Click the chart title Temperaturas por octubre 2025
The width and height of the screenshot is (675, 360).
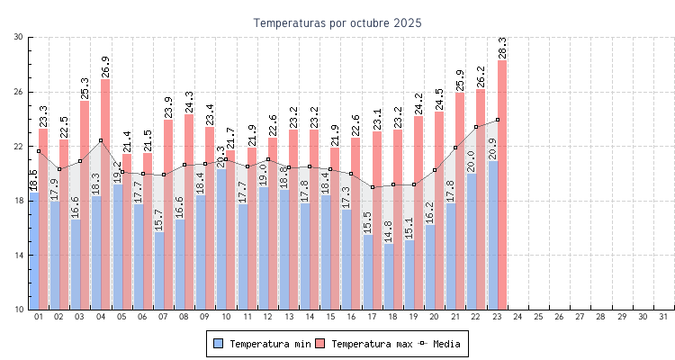(337, 22)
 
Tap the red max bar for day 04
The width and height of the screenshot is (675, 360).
(105, 193)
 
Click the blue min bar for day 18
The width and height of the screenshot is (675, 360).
(388, 279)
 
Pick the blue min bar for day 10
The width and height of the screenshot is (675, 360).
(220, 238)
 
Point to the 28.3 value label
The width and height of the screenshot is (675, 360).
(502, 48)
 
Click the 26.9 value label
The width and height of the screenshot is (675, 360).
(105, 67)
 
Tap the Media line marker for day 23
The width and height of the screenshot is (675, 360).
(497, 120)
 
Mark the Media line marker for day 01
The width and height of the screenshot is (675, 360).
(39, 151)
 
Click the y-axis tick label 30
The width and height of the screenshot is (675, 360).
(19, 37)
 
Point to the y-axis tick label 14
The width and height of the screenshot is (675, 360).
(19, 255)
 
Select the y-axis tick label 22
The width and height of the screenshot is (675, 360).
(19, 146)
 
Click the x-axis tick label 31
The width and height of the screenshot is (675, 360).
(664, 317)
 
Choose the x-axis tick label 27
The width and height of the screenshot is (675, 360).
(580, 317)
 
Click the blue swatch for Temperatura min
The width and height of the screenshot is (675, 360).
(218, 343)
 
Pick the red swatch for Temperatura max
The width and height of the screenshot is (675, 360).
(319, 343)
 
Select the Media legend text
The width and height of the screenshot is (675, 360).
(447, 344)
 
